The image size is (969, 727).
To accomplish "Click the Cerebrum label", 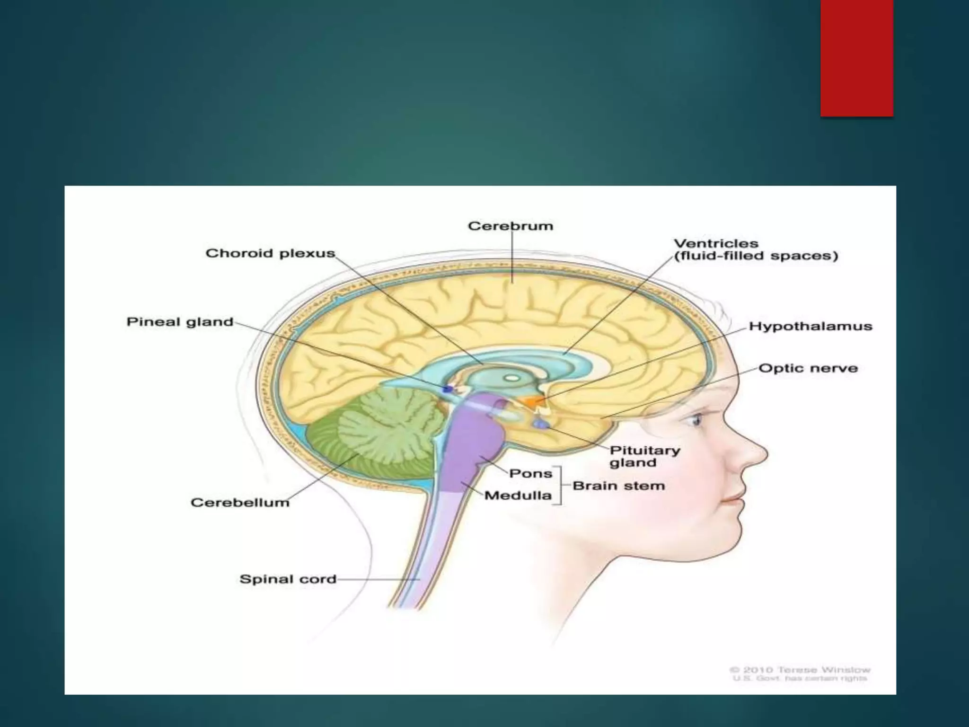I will coord(511,226).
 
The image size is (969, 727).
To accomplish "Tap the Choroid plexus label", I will coord(270,254).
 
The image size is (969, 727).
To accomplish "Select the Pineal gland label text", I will coord(180,322).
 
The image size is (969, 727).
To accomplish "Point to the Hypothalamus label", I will coord(810,327).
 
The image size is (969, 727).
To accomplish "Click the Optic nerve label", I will coord(808,369).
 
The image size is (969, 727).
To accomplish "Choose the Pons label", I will coord(530,474).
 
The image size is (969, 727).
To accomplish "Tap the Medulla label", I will coord(518,496).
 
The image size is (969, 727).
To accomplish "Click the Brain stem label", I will coord(618,486).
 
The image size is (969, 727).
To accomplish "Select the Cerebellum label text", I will coord(240,503).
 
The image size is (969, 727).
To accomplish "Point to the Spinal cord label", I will coord(288,579).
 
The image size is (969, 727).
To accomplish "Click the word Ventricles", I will coord(716,244).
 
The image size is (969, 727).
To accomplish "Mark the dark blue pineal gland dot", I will coord(447,389).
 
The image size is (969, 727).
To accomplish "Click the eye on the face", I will coord(696,419).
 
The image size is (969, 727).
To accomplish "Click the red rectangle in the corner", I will coord(857,58).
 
